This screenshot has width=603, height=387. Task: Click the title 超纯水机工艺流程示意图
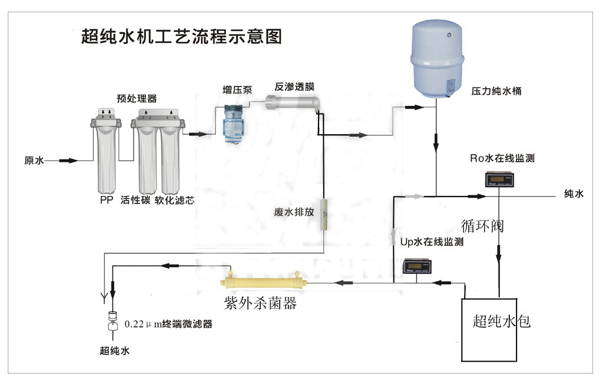[x=181, y=36]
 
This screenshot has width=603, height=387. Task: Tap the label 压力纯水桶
[x=496, y=92]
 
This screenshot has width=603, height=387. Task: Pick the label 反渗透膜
[x=294, y=86]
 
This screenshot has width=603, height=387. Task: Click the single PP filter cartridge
[x=105, y=156]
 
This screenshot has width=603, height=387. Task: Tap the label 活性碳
[x=134, y=200]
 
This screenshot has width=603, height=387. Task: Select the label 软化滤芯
[x=174, y=200]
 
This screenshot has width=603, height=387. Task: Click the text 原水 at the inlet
[x=33, y=161]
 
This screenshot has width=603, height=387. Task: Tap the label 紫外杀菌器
[x=260, y=303]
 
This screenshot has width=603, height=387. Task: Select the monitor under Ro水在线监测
[x=499, y=179]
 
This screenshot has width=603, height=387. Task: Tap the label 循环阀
[x=483, y=225]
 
